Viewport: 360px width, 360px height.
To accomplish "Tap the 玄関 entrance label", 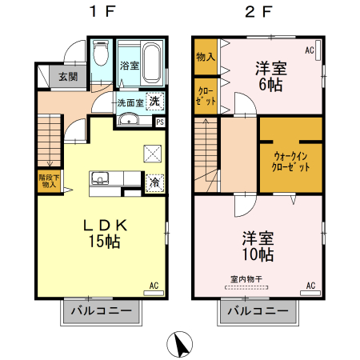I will tap(66, 77).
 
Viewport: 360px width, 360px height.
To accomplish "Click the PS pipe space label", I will tap(160, 122).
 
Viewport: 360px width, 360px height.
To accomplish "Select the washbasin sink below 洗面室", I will tap(129, 121).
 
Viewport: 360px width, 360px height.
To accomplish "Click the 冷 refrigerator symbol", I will tap(154, 182).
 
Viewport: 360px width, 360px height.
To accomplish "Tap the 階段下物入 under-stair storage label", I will tap(48, 181).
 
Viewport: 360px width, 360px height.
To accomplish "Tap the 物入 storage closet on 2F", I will tap(205, 56).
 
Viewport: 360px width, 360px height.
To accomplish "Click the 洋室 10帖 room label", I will tap(258, 246).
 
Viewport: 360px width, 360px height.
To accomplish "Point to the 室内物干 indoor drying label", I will tap(247, 279).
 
